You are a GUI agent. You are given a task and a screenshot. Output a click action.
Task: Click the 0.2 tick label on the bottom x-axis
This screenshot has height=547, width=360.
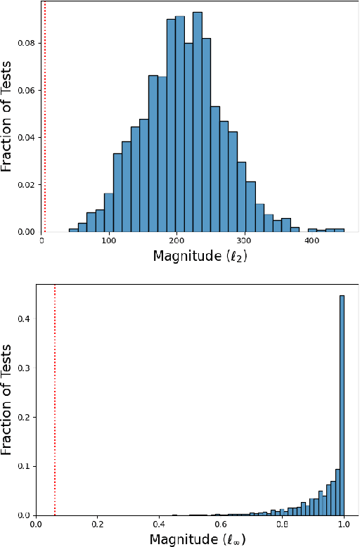[x=98, y=524]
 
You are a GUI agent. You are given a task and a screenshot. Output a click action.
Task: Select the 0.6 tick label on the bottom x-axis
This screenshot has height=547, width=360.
[x=221, y=524]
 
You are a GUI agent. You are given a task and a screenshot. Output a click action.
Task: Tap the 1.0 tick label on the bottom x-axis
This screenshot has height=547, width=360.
[x=344, y=524]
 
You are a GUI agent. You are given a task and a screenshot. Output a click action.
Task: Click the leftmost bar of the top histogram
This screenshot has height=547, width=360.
[x=73, y=230]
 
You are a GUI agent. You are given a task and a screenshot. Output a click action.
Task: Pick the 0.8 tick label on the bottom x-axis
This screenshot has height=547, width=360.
[x=283, y=524]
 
